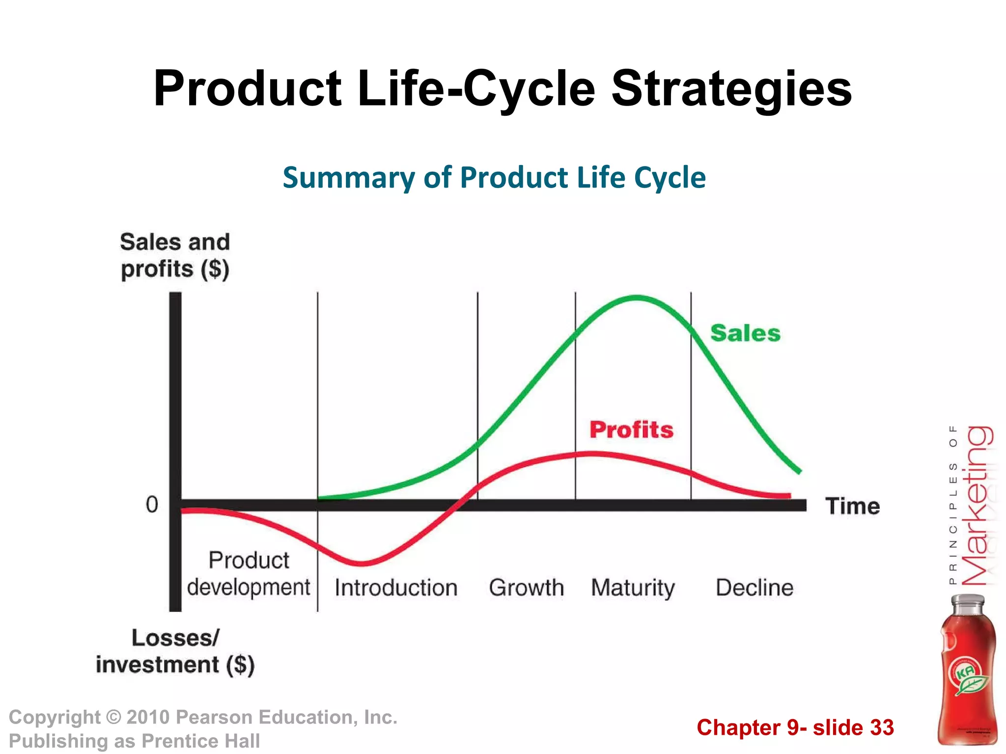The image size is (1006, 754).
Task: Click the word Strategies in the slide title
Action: click(731, 89)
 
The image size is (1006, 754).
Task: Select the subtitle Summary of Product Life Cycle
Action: click(494, 177)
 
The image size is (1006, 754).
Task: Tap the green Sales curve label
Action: click(745, 333)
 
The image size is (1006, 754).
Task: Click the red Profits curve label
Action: click(631, 430)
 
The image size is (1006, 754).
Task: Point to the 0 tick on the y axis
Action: click(152, 505)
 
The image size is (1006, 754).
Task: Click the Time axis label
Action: click(853, 506)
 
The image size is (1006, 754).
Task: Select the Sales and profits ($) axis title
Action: click(175, 256)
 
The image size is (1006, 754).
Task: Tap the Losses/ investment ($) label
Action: click(175, 651)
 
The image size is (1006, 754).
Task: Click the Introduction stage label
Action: click(396, 588)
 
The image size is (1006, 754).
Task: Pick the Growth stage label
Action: click(526, 588)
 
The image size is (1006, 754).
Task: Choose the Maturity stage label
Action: click(633, 588)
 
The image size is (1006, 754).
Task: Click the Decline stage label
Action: click(754, 588)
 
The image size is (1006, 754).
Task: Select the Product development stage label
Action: click(249, 574)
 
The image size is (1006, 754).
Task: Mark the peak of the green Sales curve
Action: click(637, 297)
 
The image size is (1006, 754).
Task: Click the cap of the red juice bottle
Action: click(968, 604)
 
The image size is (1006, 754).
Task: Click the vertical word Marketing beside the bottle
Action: click(976, 506)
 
